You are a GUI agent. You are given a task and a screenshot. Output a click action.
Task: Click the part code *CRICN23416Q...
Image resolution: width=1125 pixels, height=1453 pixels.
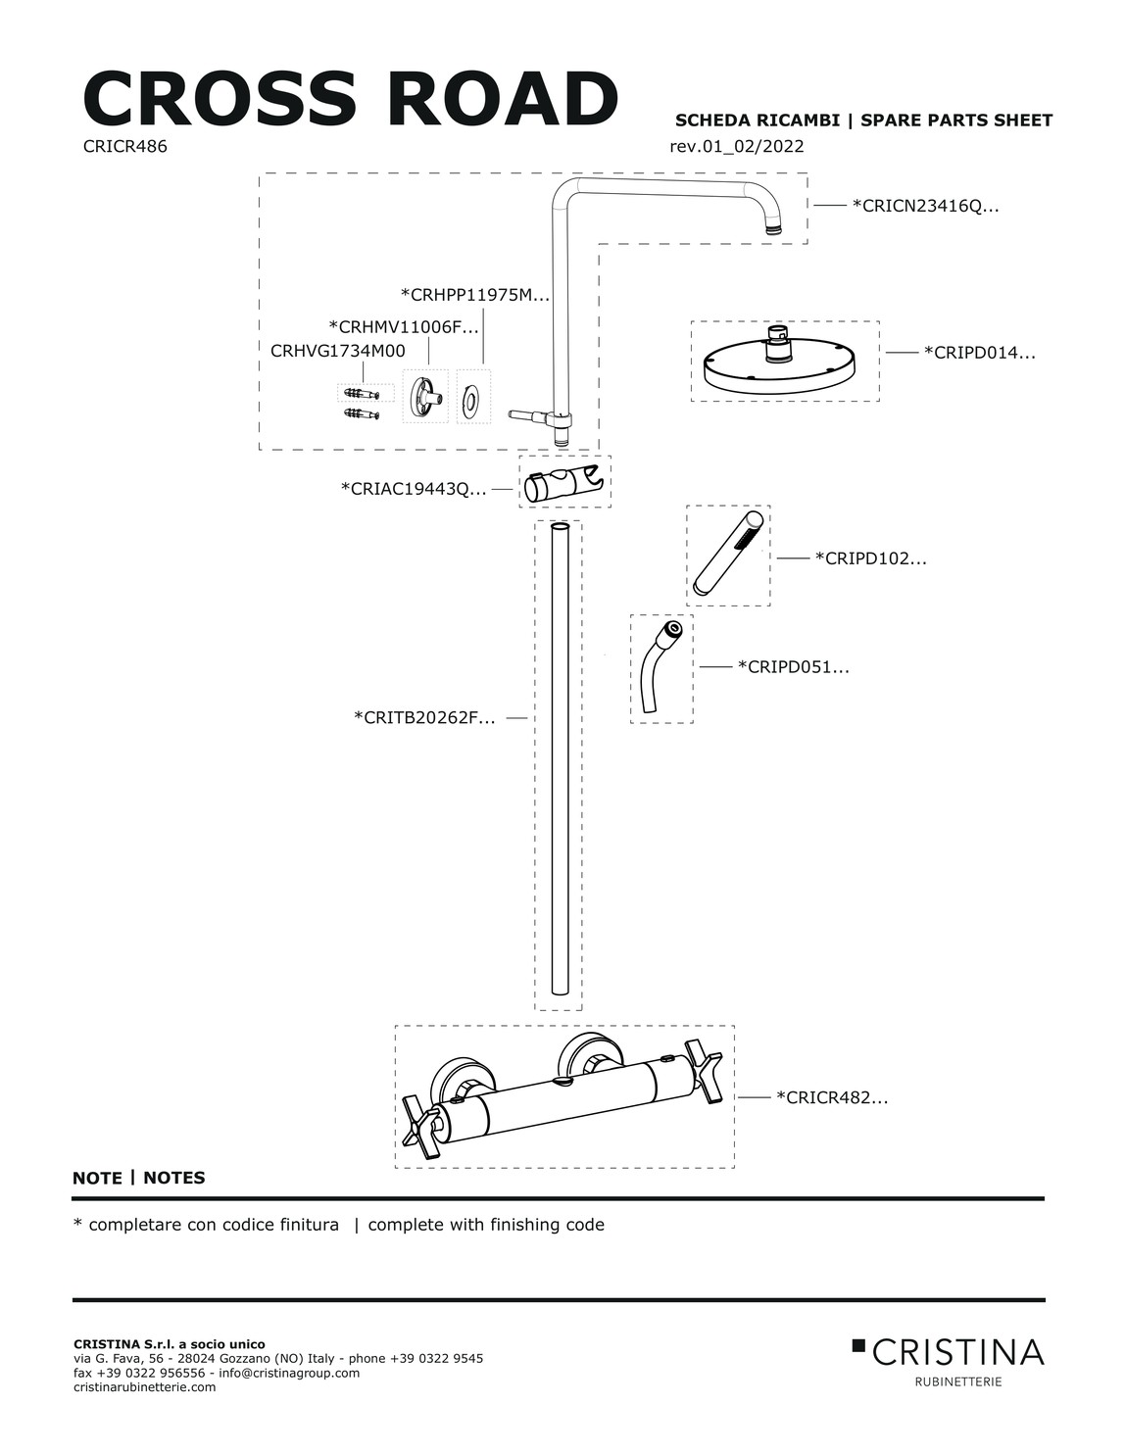925,206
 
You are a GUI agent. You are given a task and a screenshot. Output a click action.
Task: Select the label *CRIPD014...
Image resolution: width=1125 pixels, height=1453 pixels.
979,353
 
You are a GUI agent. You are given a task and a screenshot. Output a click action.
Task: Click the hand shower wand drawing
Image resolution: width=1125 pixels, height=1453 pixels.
728,554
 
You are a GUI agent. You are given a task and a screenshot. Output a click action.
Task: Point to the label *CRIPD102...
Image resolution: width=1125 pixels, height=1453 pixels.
870,557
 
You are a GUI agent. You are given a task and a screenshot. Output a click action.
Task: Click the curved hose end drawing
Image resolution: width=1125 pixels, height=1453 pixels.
661,667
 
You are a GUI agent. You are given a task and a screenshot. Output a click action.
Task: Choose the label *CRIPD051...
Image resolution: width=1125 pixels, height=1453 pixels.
793,666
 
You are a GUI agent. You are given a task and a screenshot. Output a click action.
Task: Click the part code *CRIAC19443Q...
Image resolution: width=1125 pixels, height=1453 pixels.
414,489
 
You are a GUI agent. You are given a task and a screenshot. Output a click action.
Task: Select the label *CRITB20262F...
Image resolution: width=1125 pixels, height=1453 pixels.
424,717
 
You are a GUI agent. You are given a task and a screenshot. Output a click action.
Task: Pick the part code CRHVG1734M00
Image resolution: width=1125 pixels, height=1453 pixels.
338,351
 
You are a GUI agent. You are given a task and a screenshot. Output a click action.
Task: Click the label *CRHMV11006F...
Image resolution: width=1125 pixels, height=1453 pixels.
404,327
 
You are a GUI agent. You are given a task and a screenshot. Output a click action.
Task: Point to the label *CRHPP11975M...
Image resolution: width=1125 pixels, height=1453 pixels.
475,294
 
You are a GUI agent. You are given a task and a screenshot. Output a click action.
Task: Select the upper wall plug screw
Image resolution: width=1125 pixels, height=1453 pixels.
362,393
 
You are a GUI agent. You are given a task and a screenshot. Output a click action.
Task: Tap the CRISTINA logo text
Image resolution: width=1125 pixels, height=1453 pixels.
957,1353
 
